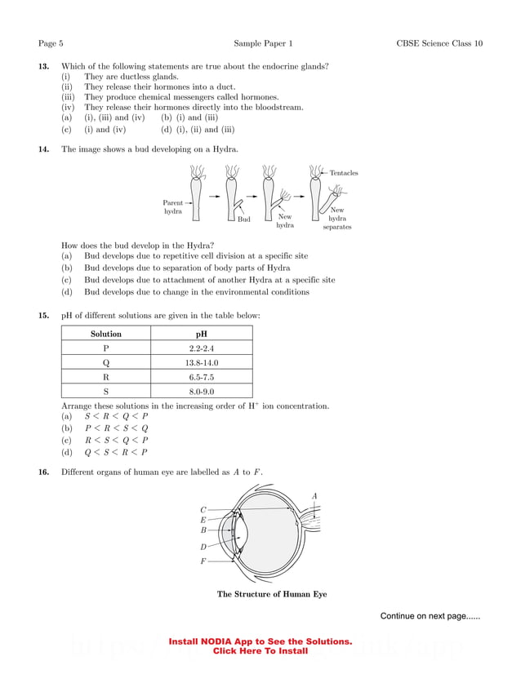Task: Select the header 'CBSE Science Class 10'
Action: pos(439,42)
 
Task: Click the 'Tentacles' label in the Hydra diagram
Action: pos(344,173)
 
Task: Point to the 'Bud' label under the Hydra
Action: pos(243,219)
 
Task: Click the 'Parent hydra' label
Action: pos(172,207)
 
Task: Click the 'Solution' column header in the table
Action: pos(106,334)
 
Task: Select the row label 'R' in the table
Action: pos(106,377)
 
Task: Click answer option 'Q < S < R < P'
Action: pos(116,452)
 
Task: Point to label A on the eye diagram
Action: pos(314,495)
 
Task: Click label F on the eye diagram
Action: pos(203,561)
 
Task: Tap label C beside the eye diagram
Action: pos(203,509)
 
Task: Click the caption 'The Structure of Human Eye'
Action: pos(271,594)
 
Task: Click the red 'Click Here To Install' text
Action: pos(260,651)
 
